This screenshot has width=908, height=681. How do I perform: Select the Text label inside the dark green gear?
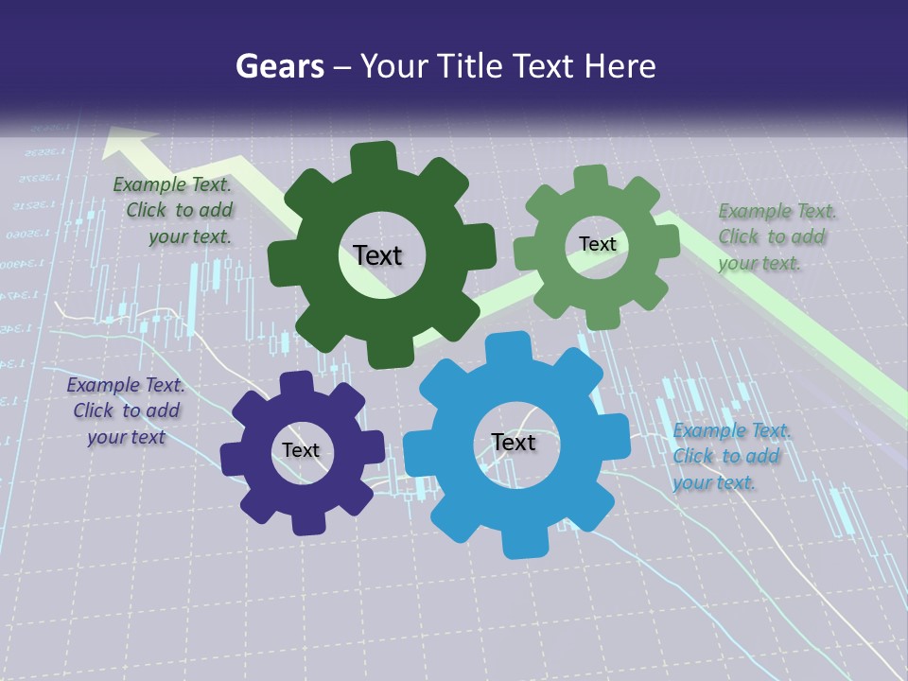(x=377, y=255)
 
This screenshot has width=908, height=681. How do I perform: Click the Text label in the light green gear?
(x=597, y=244)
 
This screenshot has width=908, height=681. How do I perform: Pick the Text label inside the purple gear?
(x=300, y=450)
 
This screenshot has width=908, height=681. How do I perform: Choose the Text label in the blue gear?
(x=514, y=443)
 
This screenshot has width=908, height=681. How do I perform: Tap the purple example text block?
(x=126, y=410)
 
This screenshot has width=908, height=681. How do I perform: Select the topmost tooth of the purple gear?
(x=296, y=383)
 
